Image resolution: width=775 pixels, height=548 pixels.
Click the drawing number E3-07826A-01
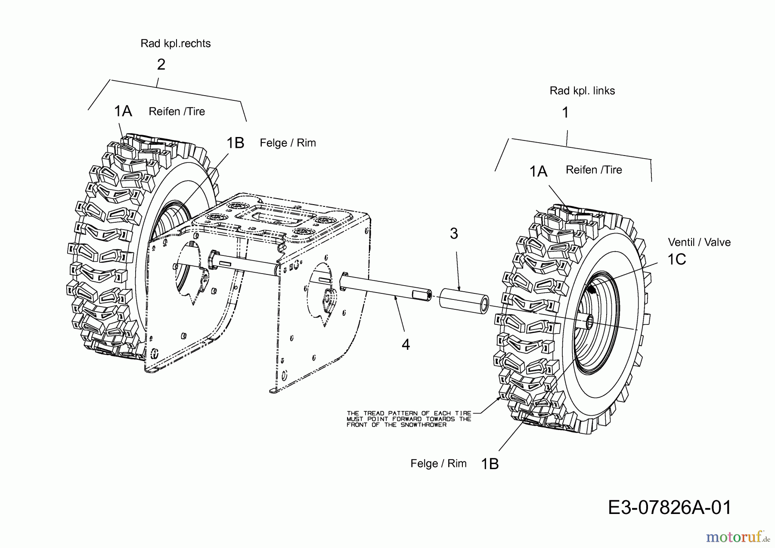tap(670, 508)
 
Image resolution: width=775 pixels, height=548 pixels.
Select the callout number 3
tap(454, 234)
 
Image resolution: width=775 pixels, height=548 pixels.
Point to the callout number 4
tap(406, 344)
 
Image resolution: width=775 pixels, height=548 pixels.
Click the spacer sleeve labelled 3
tap(464, 301)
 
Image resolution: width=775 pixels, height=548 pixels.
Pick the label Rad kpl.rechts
tap(176, 44)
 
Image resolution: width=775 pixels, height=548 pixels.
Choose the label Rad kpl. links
tap(582, 91)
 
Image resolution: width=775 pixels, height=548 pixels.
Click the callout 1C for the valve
tap(676, 259)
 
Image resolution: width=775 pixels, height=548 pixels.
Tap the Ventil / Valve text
tap(699, 243)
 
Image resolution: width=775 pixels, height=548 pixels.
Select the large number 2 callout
tap(161, 65)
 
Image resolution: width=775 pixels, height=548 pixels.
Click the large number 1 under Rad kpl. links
tap(566, 113)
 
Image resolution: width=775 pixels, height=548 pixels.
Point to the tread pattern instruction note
tap(409, 419)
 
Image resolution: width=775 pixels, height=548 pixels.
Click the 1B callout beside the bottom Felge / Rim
tap(490, 464)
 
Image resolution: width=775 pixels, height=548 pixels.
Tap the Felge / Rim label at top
tap(288, 143)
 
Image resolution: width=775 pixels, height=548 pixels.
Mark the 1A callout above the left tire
tap(123, 111)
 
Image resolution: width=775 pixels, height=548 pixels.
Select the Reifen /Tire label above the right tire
tap(594, 170)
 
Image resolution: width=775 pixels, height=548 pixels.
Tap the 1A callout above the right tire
tap(538, 171)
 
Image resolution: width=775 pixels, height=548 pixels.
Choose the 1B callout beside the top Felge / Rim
tap(235, 143)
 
